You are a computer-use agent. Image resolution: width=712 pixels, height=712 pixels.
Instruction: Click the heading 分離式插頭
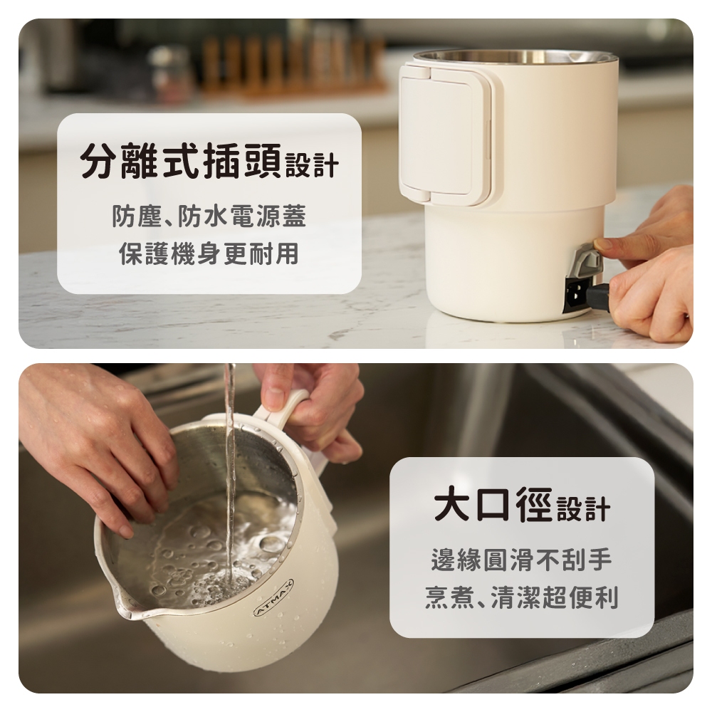[x=181, y=160]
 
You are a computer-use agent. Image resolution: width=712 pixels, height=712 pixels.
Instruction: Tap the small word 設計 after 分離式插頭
[x=312, y=165]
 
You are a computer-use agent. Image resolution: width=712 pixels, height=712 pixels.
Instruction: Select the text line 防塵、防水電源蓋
[x=209, y=216]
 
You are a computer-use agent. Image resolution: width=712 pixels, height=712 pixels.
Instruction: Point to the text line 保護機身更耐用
[x=209, y=253]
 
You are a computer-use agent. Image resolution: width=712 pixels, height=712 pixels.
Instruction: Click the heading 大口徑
[x=493, y=504]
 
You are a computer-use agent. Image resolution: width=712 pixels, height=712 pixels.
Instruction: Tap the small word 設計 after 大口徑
[x=583, y=509]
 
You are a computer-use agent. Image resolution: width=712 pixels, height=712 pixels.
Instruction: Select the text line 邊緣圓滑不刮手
[x=522, y=560]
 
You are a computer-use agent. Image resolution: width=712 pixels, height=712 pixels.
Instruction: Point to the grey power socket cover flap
[x=587, y=261]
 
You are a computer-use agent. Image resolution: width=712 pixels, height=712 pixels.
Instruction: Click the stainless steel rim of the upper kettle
[x=515, y=57]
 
